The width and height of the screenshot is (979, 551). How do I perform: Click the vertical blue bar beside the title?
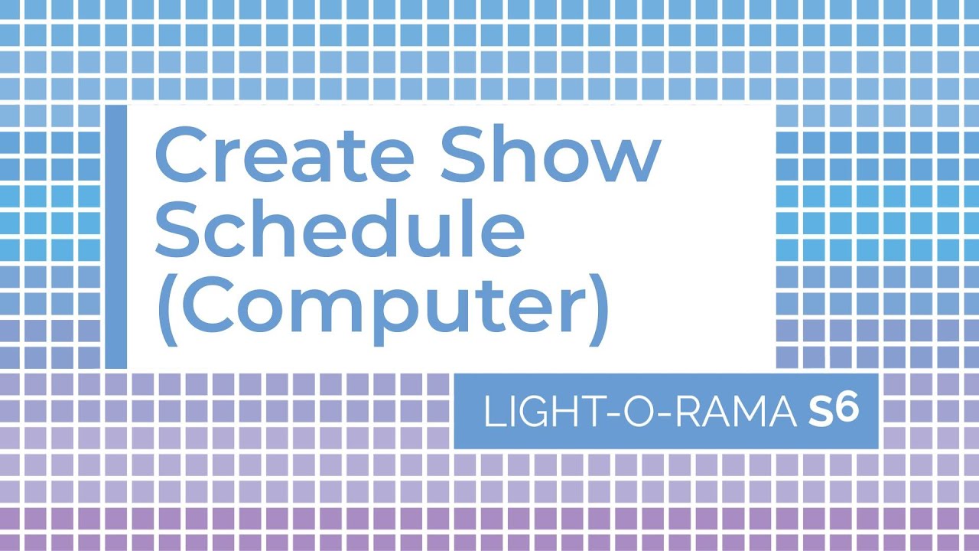tap(115, 236)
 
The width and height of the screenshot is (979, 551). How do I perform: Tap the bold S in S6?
tap(819, 413)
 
